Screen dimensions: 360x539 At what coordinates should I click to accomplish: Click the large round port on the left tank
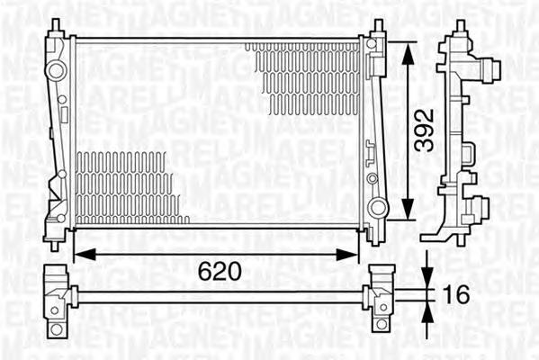tap(57, 70)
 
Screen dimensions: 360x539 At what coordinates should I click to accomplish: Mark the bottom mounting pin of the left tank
tap(57, 240)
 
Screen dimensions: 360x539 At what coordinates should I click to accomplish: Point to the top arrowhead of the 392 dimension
tap(410, 45)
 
